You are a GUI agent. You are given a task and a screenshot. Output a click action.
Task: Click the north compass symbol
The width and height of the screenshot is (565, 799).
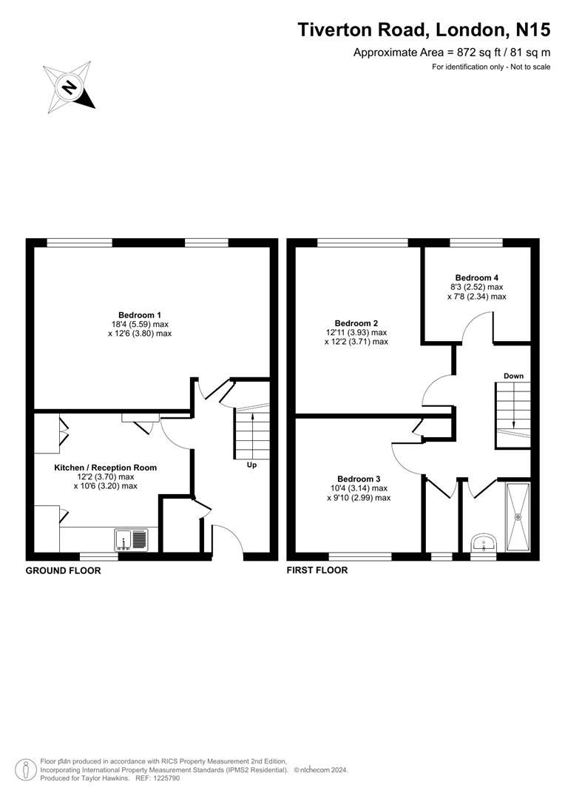coord(69,88)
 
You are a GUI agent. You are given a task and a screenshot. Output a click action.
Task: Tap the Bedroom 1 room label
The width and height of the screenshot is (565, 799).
coord(139,314)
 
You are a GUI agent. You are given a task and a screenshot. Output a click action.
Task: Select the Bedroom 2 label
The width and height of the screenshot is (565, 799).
coord(356,323)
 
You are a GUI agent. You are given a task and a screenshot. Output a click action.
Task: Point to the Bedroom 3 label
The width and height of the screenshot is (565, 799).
coord(359,478)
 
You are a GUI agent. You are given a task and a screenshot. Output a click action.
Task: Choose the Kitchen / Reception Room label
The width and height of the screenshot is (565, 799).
coord(105,468)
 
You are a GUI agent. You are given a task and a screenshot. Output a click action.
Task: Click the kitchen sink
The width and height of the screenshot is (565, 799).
coord(132,540)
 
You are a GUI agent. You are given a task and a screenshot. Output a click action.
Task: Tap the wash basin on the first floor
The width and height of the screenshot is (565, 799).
coord(484,544)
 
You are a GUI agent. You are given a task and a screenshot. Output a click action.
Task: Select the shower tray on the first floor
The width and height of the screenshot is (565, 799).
coord(518,517)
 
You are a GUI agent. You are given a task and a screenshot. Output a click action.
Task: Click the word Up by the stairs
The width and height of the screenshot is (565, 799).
coord(251,465)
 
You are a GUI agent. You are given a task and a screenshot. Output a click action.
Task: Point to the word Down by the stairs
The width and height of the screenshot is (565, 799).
coord(513,376)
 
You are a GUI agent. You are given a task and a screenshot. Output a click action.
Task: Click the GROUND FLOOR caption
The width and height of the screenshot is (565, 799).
coord(63,570)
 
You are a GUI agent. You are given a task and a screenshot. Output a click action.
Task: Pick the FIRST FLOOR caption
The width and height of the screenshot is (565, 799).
coord(317,570)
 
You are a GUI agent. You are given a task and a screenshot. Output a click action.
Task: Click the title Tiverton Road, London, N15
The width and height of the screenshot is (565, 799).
coord(424,30)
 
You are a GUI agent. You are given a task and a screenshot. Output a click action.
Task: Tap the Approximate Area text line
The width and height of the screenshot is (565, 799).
coord(451,53)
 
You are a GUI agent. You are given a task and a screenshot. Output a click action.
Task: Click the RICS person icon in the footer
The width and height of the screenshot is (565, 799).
coord(27,769)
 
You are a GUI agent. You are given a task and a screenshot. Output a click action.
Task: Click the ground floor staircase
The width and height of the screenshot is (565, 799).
coord(252,433)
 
